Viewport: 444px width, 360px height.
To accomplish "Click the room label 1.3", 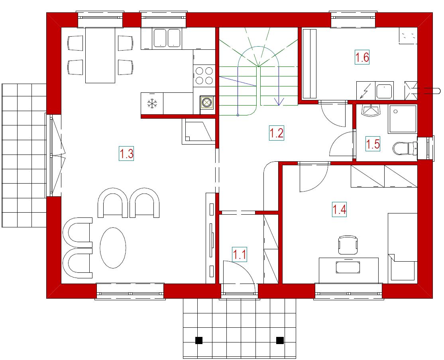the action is (x=126, y=154).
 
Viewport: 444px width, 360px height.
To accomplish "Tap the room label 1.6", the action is (x=362, y=57).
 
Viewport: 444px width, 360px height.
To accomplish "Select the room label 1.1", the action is (x=240, y=254).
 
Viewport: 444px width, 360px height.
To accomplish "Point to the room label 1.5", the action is (x=373, y=144).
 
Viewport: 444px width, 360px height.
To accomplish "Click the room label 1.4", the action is (x=339, y=210).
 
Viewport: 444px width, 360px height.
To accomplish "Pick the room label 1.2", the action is (x=276, y=133).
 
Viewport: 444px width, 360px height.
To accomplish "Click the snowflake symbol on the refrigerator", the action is (x=152, y=103).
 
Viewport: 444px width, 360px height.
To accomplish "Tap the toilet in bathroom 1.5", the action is (x=405, y=148).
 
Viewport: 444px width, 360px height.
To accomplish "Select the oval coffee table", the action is (x=113, y=248).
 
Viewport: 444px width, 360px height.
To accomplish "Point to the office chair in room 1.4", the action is (x=348, y=245).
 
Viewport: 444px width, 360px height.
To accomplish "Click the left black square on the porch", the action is (x=199, y=340).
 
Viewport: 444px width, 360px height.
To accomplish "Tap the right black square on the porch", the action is (x=280, y=340).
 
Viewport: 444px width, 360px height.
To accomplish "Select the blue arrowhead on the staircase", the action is (x=279, y=101).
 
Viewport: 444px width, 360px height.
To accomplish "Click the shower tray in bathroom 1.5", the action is (x=403, y=119).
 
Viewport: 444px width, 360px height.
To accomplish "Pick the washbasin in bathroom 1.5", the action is (x=370, y=111).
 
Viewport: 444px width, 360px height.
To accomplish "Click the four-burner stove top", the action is (x=204, y=76).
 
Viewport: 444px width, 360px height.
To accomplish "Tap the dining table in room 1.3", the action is (x=100, y=55).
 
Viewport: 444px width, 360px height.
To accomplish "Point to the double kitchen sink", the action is (x=167, y=38).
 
